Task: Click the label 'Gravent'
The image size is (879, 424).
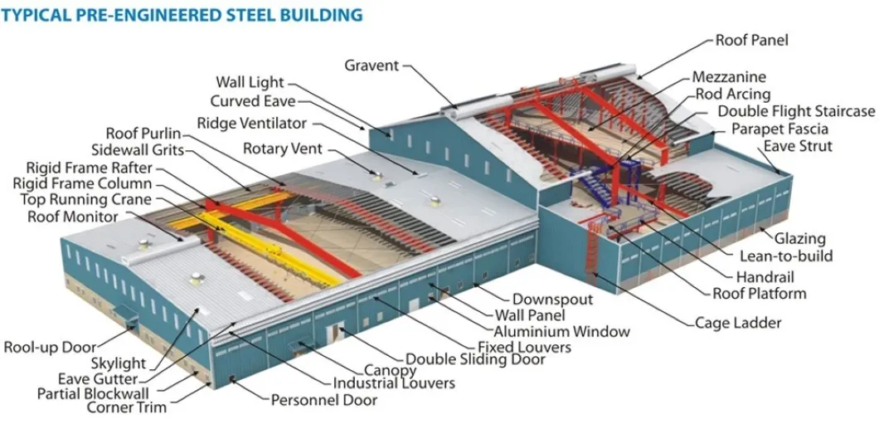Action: point(372,65)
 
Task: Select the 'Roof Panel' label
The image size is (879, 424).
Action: point(751,39)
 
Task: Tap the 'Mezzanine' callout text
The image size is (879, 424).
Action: point(729,78)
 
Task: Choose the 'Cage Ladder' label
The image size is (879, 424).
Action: point(738,323)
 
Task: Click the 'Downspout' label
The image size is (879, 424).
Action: point(551,299)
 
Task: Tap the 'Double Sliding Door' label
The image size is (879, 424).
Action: point(475,359)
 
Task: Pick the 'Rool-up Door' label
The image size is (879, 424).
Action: point(50,347)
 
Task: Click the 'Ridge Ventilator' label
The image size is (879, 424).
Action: point(251,123)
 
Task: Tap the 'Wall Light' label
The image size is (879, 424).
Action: point(250,82)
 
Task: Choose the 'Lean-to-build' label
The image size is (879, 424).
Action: point(786,256)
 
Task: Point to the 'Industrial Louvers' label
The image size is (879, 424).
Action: point(394,383)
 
